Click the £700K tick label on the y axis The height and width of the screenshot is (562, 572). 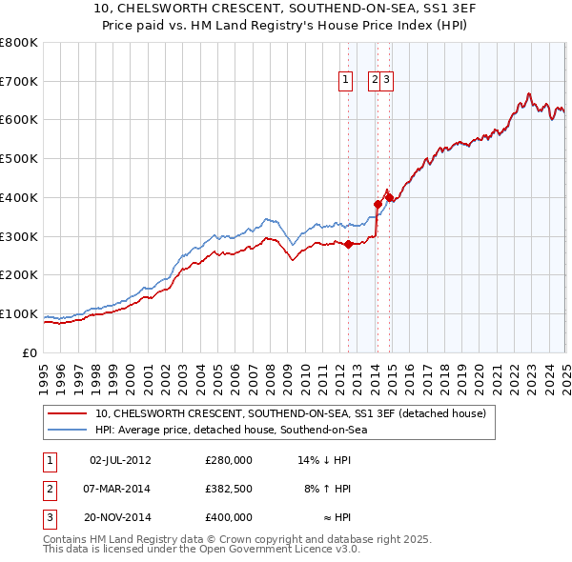point(19,82)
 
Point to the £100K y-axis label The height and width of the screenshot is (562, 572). point(19,314)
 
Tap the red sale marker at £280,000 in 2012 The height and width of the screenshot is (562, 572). point(348,244)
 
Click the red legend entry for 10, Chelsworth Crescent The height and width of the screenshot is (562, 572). point(291,413)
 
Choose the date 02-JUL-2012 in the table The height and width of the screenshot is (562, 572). point(120,460)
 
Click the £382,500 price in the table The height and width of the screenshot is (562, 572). point(229,489)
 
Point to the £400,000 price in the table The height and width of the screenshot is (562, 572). point(229,517)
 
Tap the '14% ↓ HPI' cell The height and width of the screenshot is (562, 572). point(324,460)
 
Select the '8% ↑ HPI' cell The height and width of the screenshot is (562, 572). point(327,489)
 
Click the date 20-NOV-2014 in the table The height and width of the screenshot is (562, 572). point(120,517)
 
